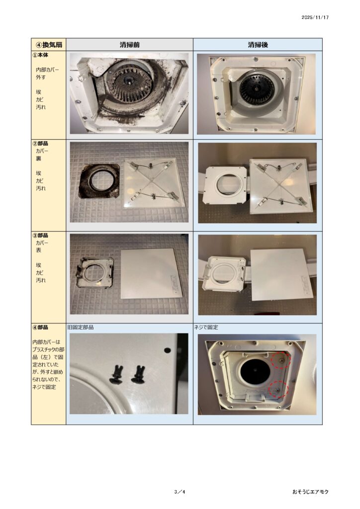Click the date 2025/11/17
click(x=315, y=17)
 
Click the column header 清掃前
click(x=129, y=45)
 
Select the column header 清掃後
click(x=258, y=45)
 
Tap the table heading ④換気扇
click(x=49, y=44)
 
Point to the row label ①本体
click(x=40, y=55)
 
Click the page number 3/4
click(x=180, y=492)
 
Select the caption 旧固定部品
click(x=80, y=327)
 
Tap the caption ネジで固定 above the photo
click(x=206, y=327)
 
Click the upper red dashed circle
click(x=281, y=360)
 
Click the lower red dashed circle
click(x=278, y=389)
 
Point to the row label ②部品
click(x=40, y=143)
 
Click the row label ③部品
click(x=40, y=235)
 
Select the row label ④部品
click(x=40, y=327)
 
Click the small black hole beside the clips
click(x=168, y=350)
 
